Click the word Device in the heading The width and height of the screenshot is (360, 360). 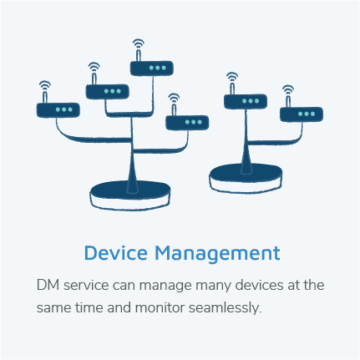point(116,253)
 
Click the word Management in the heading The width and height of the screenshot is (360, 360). point(217,253)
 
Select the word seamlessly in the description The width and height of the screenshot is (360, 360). point(226,307)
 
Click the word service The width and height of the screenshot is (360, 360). point(86,286)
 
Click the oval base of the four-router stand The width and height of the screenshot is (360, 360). point(130,195)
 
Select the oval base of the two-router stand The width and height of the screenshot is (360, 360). point(246,178)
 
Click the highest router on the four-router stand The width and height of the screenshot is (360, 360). point(152,68)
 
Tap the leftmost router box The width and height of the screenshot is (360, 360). point(58,110)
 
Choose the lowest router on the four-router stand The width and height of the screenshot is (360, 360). point(187,123)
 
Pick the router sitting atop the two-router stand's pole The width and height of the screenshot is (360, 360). point(246,101)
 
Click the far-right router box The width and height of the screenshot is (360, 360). point(302,114)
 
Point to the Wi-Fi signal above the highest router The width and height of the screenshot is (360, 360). point(139,43)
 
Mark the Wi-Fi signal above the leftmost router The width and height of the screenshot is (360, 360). point(45,85)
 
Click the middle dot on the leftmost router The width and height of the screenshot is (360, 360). point(64,109)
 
